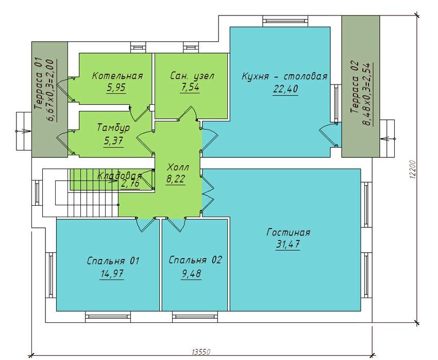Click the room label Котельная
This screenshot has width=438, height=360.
(x=117, y=76)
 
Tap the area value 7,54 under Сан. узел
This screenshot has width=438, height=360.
(x=190, y=88)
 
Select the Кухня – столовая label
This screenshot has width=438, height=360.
(x=284, y=76)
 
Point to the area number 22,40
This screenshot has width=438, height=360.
(x=285, y=89)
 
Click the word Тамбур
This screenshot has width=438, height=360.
(x=113, y=128)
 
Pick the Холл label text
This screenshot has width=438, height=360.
(x=178, y=167)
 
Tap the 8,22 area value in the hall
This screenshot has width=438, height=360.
(x=175, y=178)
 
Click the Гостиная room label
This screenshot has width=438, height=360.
(x=288, y=233)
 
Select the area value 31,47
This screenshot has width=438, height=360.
(x=288, y=244)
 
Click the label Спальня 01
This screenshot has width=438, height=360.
(x=113, y=261)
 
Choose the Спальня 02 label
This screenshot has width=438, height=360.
(x=195, y=260)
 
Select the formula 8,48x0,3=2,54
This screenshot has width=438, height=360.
(x=367, y=94)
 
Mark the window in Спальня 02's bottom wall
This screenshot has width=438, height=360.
(x=195, y=316)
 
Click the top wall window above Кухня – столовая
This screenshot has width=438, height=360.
(x=285, y=21)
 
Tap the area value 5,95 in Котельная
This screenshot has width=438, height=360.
(x=116, y=88)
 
